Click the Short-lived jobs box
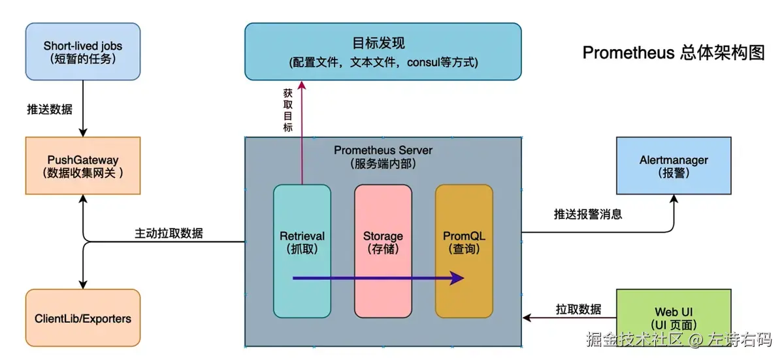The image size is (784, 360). (x=82, y=52)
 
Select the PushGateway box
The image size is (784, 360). (x=82, y=165)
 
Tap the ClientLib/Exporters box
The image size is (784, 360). (x=82, y=318)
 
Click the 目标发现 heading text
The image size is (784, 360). (x=379, y=43)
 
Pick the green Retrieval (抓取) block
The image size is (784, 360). (x=302, y=251)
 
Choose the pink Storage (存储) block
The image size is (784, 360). (x=383, y=251)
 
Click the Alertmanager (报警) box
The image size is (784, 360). (x=674, y=165)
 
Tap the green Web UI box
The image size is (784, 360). (x=674, y=318)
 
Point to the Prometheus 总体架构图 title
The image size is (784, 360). (x=673, y=53)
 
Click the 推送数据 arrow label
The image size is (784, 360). (x=50, y=109)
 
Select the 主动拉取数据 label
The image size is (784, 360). (x=169, y=233)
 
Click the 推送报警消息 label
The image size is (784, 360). (x=587, y=214)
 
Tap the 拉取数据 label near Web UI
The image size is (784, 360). (x=578, y=309)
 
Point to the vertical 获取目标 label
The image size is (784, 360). (x=288, y=109)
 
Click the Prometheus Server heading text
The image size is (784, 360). (x=383, y=150)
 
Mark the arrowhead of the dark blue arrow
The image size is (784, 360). (x=458, y=278)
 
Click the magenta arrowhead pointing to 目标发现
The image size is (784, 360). (x=302, y=85)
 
